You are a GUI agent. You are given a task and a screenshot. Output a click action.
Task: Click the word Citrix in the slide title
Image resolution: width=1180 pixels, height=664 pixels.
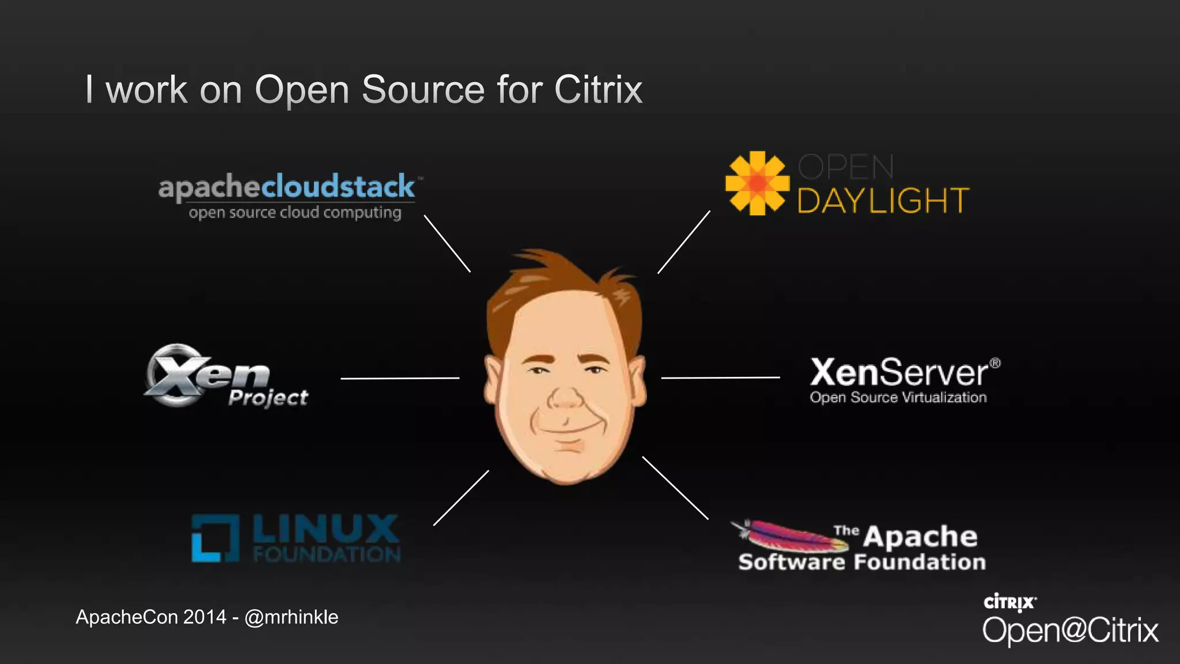[x=598, y=90]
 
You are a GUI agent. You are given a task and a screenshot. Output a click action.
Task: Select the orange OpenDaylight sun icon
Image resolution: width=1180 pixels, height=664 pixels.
[x=757, y=183]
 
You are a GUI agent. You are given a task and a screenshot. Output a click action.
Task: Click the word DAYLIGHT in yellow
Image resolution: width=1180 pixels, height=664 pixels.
[x=883, y=201]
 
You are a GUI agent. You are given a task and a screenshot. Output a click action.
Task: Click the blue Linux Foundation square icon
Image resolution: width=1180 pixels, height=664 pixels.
[x=215, y=538]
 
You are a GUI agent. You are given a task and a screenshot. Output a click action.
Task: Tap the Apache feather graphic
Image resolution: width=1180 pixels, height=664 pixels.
[x=786, y=535]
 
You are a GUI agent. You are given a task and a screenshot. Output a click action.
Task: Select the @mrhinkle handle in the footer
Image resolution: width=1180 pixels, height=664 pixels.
[x=292, y=617]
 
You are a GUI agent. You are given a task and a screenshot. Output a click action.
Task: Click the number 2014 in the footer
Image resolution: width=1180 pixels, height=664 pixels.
[x=205, y=617]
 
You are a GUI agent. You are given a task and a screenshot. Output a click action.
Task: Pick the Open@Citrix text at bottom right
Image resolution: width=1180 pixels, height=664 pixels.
[x=1070, y=630]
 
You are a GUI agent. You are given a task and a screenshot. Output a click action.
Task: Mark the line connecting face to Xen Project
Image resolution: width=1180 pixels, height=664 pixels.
[x=400, y=378]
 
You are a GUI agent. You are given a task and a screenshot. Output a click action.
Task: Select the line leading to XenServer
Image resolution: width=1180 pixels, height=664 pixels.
[x=720, y=378]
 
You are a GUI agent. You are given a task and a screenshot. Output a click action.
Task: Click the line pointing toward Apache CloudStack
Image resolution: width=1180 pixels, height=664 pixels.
[x=447, y=243]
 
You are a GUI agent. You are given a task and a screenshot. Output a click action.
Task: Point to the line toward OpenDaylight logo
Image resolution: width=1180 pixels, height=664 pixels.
[x=684, y=242]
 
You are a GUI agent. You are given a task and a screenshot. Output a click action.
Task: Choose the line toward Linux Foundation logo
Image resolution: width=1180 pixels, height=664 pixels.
[x=461, y=498]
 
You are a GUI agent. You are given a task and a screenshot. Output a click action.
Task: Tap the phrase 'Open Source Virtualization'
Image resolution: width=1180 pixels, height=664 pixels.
[x=898, y=398]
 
